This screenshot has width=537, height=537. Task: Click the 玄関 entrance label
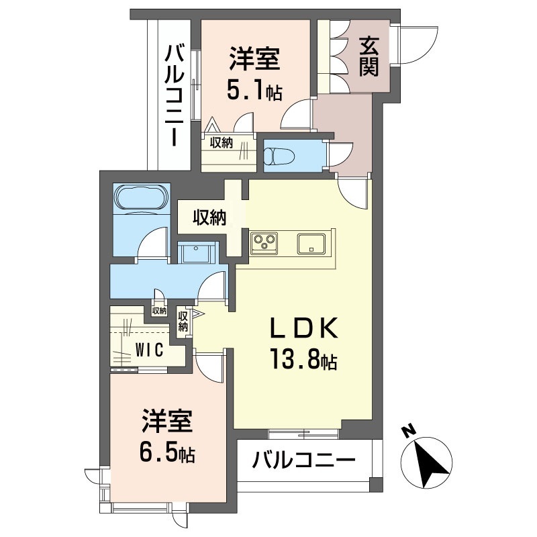[x=368, y=56]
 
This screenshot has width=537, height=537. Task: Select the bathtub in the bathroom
[x=142, y=199]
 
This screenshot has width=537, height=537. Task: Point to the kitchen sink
[x=311, y=242]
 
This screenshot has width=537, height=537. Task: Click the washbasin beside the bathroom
[x=197, y=254]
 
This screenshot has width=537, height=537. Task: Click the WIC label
[x=150, y=350]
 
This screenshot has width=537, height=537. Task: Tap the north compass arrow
[x=428, y=462]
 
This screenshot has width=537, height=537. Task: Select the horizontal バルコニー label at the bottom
[x=303, y=461]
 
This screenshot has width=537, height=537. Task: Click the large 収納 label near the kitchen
[x=210, y=217]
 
